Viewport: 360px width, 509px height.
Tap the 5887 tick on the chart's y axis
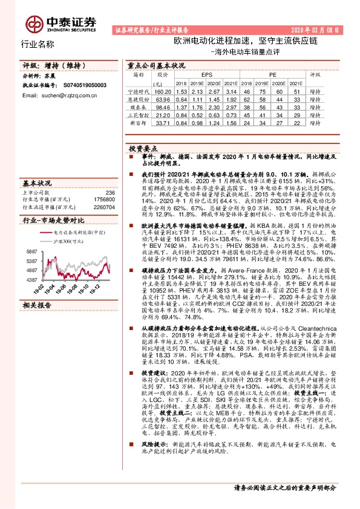31,251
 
